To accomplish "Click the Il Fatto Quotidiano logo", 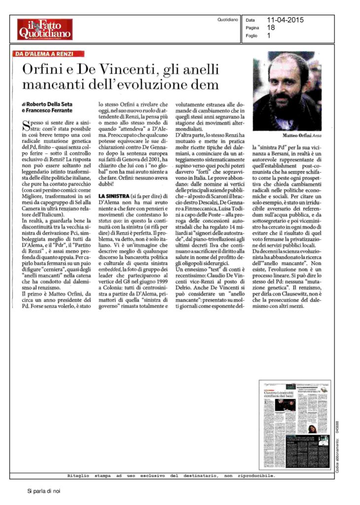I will pyautogui.click(x=44, y=29).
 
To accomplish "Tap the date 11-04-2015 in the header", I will pyautogui.click(x=286, y=20).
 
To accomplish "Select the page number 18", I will pyautogui.click(x=270, y=28).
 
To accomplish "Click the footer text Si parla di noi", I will pyautogui.click(x=43, y=491).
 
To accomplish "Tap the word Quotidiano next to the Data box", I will pyautogui.click(x=228, y=20).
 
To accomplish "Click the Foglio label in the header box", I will pyautogui.click(x=252, y=36).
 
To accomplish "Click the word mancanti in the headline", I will pyautogui.click(x=53, y=84).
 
